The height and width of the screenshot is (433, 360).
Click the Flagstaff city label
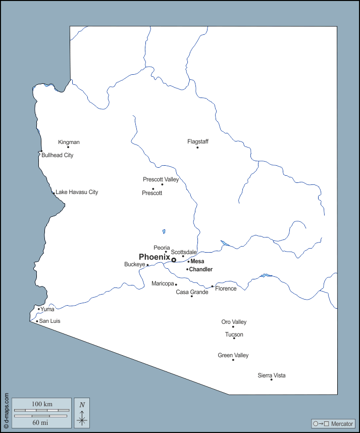pyautogui.click(x=198, y=141)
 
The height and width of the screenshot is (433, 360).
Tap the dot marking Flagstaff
pyautogui.click(x=197, y=148)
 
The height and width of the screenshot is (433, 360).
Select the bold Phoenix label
pyautogui.click(x=154, y=257)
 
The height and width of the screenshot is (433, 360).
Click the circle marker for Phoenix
pyautogui.click(x=174, y=260)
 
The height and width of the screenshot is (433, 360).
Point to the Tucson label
pyautogui.click(x=234, y=334)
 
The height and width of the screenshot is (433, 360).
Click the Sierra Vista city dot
pyautogui.click(x=271, y=380)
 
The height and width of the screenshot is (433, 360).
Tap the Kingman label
pyautogui.click(x=69, y=142)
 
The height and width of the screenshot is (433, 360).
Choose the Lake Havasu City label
pyautogui.click(x=77, y=192)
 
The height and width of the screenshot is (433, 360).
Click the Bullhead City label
pyautogui.click(x=58, y=155)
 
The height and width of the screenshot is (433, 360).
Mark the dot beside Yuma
pyautogui.click(x=39, y=309)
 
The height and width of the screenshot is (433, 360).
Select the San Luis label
pyautogui.click(x=50, y=321)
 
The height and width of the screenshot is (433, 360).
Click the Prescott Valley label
pyautogui.click(x=161, y=179)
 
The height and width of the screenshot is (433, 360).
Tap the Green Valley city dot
pyautogui.click(x=233, y=360)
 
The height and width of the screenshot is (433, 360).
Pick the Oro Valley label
pyautogui.click(x=234, y=322)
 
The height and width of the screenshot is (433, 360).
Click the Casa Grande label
pyautogui.click(x=192, y=292)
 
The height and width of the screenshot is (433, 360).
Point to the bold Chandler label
pyautogui.click(x=200, y=269)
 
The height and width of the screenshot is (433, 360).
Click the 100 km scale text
pyautogui.click(x=42, y=404)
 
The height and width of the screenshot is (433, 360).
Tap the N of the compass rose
pyautogui.click(x=82, y=405)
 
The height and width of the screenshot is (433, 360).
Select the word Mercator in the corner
pyautogui.click(x=342, y=423)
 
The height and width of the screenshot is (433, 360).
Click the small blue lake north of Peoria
pyautogui.click(x=164, y=232)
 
